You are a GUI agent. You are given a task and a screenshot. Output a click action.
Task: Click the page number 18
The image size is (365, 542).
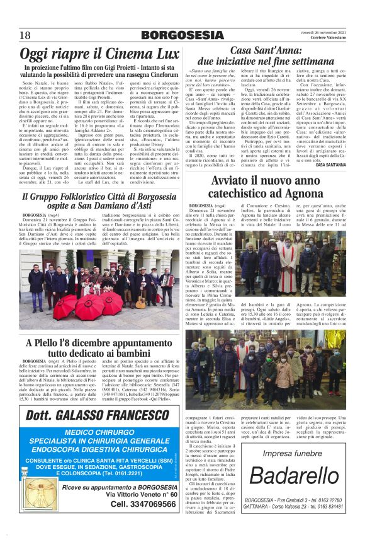point(26,35)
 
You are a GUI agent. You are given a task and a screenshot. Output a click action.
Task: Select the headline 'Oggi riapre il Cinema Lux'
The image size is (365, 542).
point(99,54)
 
